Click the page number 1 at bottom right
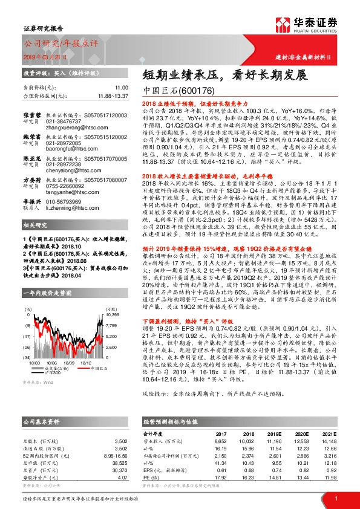(335, 499)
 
